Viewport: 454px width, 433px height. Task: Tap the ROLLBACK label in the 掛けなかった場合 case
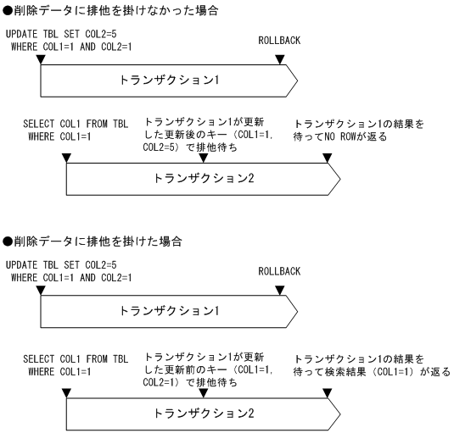(x=280, y=41)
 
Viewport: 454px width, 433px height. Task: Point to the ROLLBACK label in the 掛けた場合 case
(x=280, y=271)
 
